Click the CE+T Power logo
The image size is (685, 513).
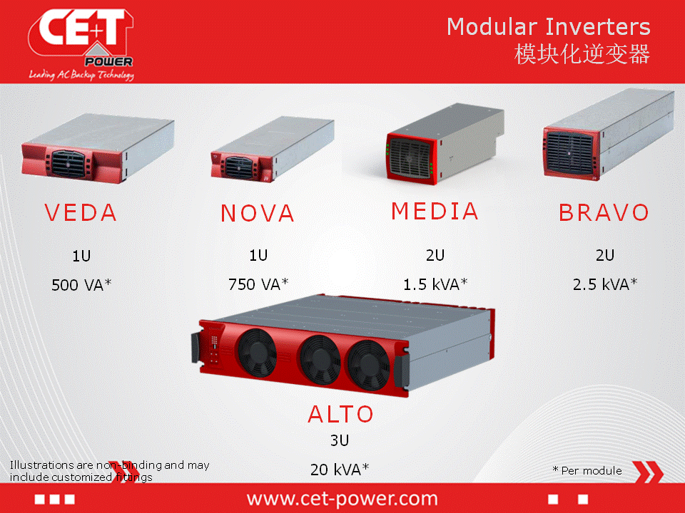tap(81, 44)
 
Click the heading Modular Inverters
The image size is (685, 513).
tap(548, 27)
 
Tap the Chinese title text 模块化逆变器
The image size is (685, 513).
tap(582, 54)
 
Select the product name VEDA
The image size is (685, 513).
tap(81, 213)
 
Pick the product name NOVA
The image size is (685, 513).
tap(258, 213)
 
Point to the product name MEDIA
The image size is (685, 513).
tap(435, 211)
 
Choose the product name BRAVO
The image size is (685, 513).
tap(604, 213)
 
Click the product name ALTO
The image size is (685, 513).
tap(340, 414)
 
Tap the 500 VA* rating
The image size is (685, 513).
tap(81, 285)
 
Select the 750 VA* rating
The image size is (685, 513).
tap(258, 284)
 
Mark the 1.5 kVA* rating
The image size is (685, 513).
tap(435, 284)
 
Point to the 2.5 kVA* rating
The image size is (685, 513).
tap(605, 284)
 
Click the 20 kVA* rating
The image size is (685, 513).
tap(340, 470)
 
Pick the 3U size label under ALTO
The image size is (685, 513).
tap(340, 440)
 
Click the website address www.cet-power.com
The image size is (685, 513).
tap(342, 499)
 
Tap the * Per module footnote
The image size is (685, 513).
tap(587, 471)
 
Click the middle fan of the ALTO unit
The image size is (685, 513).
tap(320, 360)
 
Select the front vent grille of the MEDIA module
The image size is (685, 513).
tap(410, 158)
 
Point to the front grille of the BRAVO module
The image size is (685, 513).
tap(569, 153)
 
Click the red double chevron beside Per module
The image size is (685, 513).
tap(648, 472)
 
